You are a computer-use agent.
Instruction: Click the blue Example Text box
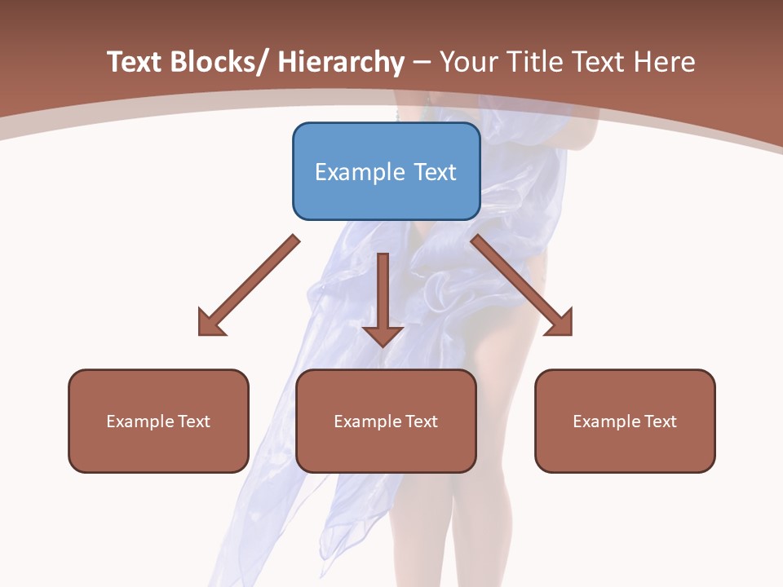pos(386,171)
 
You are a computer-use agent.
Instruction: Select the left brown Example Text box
pos(158,421)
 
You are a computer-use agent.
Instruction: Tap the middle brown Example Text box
pos(386,421)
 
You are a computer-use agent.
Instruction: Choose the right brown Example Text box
pos(625,421)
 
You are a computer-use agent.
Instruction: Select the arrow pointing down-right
pos(522,285)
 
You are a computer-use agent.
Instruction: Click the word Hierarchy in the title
pos(342,62)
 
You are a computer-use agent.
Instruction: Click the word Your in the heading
pos(469,62)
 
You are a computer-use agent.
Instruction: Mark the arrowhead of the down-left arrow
pos(210,323)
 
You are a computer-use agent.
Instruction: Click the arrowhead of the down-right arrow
pos(560,323)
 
